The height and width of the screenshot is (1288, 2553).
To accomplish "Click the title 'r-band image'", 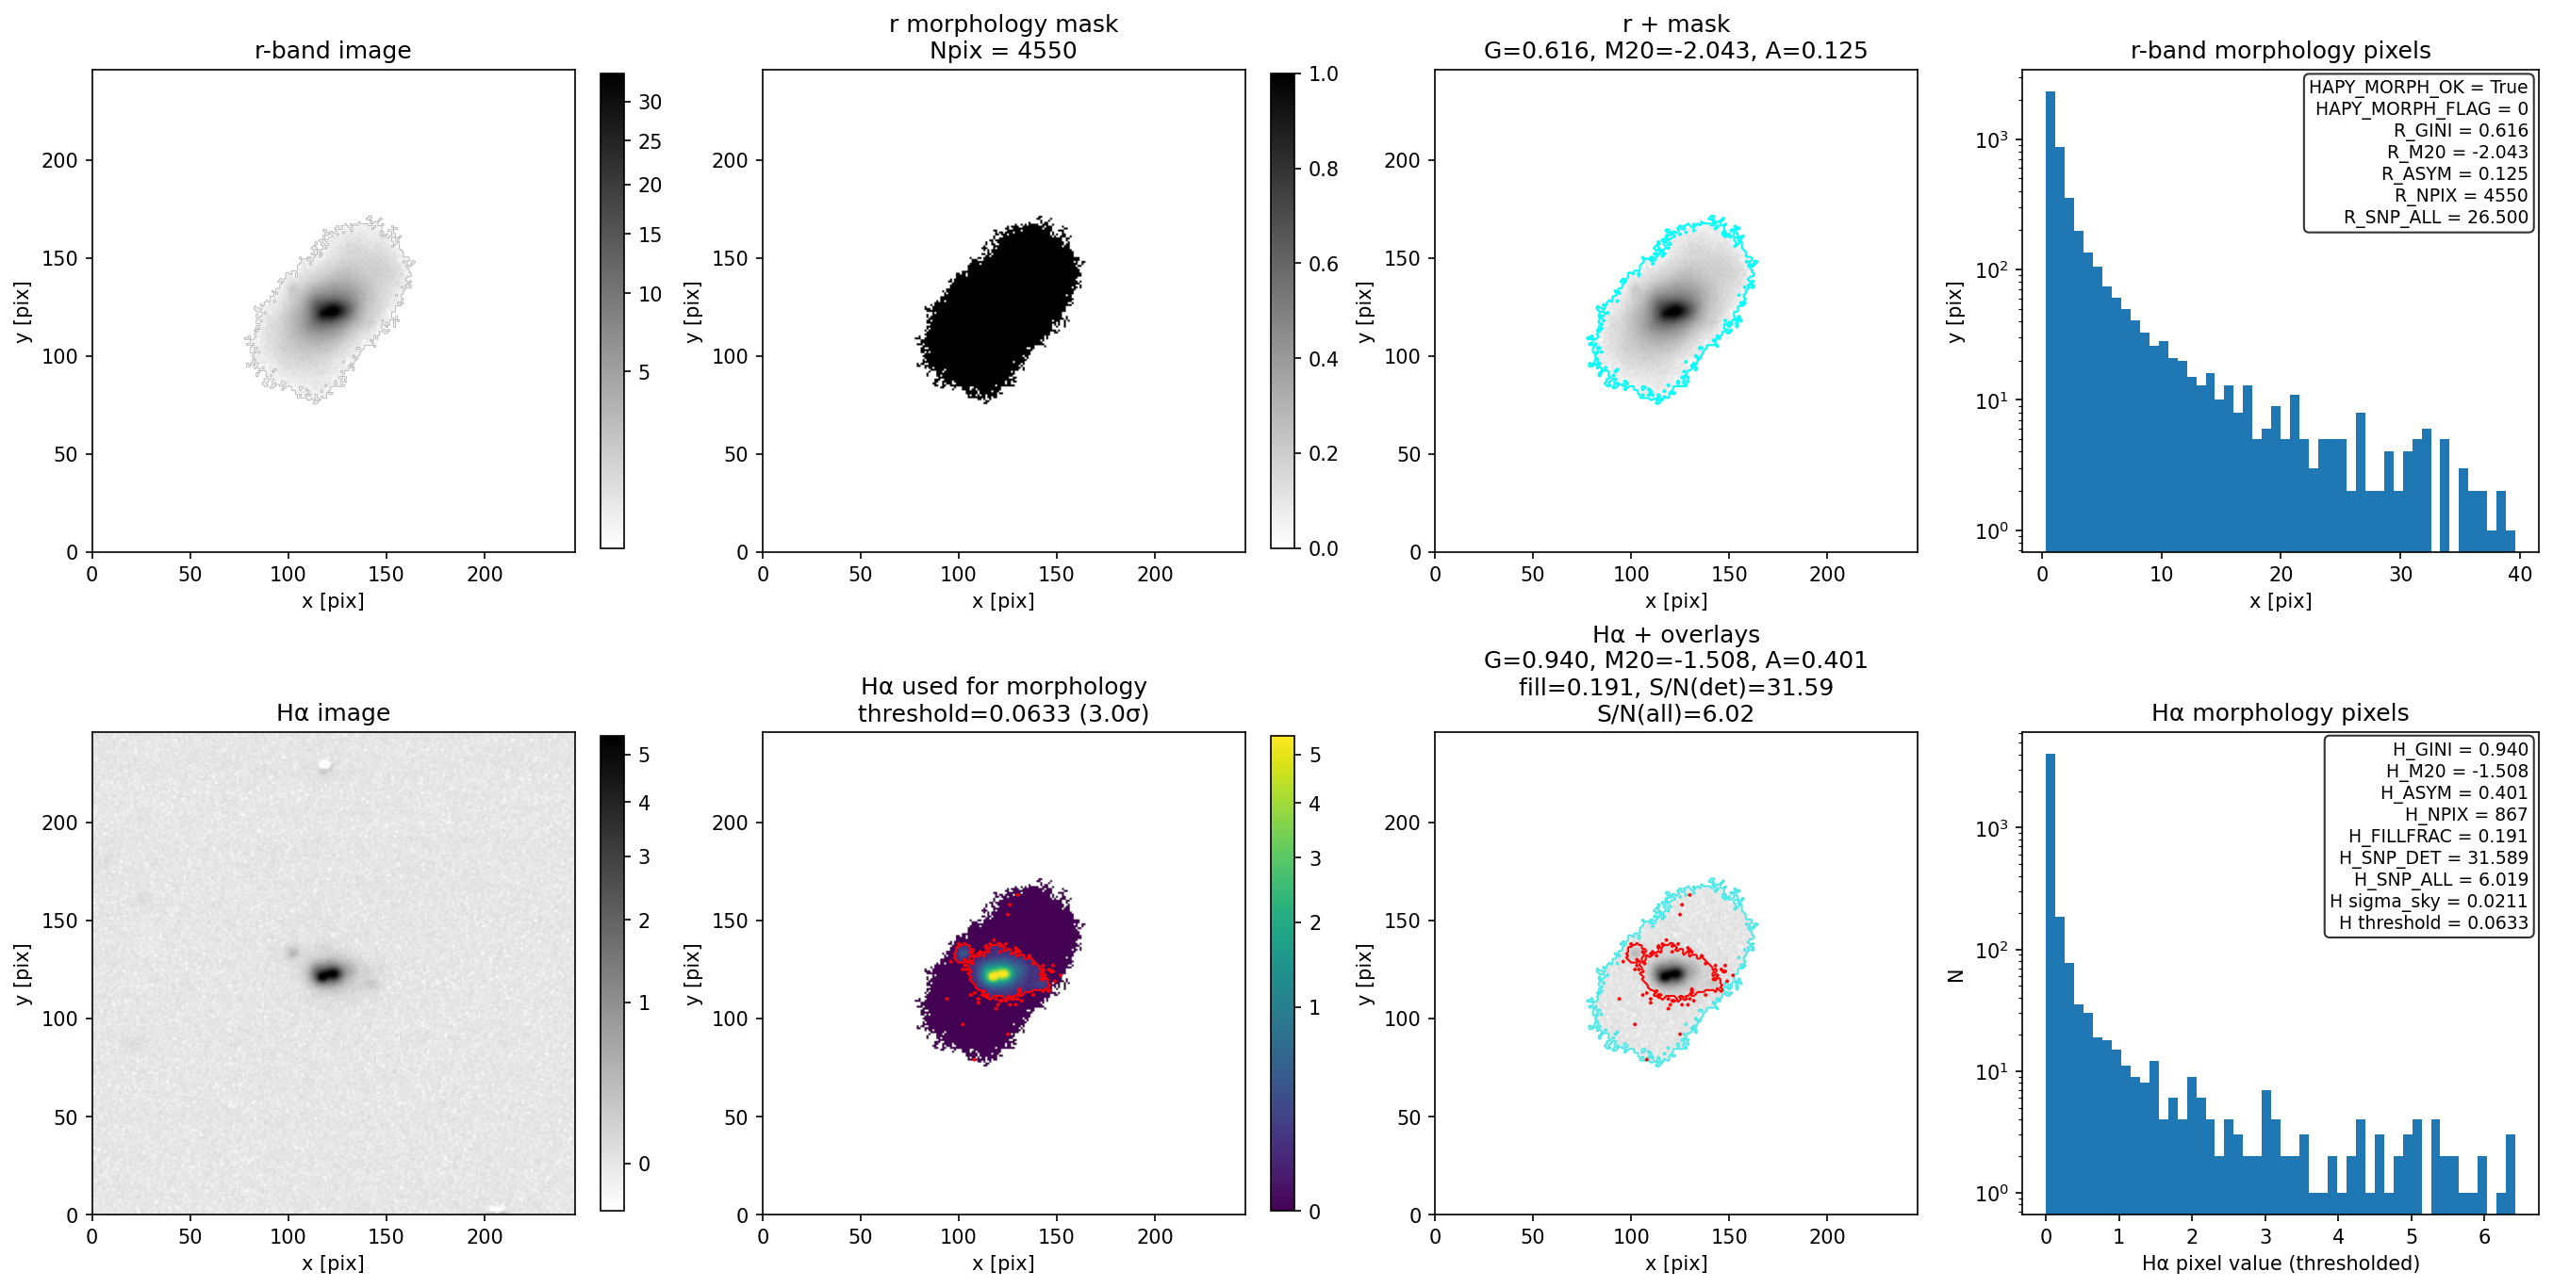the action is (x=332, y=51).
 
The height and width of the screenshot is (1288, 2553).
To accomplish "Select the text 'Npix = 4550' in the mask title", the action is (x=1003, y=51).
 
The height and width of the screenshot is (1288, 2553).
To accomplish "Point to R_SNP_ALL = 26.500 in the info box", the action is (x=2435, y=218).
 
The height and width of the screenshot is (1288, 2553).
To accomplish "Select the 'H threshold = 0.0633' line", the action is (x=2433, y=923).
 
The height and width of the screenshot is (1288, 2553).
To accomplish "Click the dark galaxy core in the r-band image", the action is (x=330, y=310).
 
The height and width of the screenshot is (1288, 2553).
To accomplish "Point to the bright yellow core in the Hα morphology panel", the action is (x=999, y=974).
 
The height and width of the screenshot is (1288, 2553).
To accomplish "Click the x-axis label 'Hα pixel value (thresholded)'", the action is (x=2280, y=1264).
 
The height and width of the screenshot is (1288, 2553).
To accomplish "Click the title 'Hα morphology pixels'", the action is (x=2280, y=712).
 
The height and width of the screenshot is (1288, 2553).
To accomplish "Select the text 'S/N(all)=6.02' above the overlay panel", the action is (x=1675, y=713).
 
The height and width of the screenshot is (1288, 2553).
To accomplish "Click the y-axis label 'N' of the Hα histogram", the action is (x=1954, y=976).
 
